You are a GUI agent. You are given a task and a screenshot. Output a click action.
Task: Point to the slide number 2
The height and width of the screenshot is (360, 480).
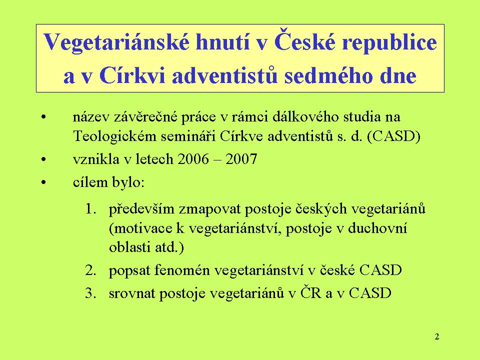click(x=437, y=336)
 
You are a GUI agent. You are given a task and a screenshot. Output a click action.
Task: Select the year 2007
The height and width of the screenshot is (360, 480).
click(x=241, y=159)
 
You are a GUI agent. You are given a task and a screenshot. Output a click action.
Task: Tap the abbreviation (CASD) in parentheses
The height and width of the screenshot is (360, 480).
click(x=393, y=136)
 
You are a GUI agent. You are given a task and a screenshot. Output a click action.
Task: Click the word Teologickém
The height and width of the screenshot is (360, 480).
click(x=115, y=136)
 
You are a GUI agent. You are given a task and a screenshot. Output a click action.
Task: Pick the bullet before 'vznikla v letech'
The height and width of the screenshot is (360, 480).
click(x=44, y=160)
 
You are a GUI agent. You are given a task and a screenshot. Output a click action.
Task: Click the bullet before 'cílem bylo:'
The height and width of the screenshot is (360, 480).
click(x=44, y=183)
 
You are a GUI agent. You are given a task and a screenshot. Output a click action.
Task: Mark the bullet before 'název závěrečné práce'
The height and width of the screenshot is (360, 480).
click(x=44, y=117)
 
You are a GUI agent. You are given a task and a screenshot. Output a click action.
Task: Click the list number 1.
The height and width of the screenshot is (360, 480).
click(x=91, y=209)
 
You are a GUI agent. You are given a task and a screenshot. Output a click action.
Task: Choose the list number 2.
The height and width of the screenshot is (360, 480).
click(x=91, y=270)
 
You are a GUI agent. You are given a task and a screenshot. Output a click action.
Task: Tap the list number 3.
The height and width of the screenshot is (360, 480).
click(x=91, y=293)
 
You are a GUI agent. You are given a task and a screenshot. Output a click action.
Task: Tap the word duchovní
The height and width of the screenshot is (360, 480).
click(x=378, y=228)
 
